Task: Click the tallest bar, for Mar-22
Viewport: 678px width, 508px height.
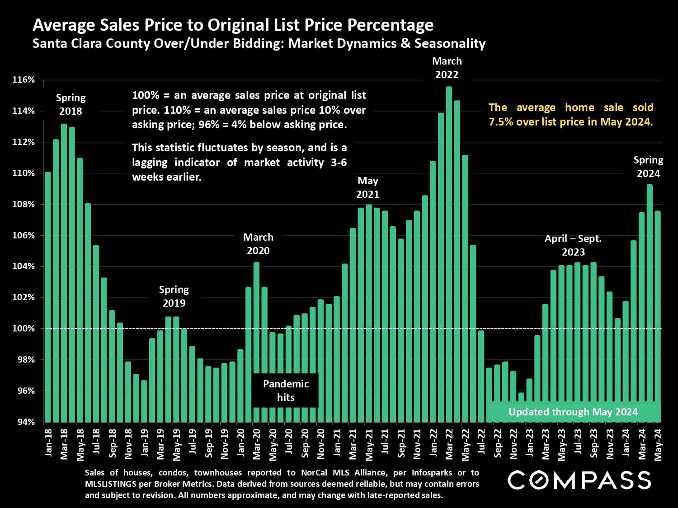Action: pos(449,253)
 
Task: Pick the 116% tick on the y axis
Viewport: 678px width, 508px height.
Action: pos(24,80)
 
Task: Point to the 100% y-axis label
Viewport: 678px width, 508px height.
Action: pos(24,329)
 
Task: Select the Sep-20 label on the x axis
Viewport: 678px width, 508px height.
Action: pos(305,444)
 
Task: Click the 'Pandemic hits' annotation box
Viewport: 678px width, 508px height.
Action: pos(286,391)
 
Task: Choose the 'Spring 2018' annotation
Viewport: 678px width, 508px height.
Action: pos(71,104)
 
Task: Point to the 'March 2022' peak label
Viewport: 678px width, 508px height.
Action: pos(447,68)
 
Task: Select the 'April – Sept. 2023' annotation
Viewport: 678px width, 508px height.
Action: pos(573,245)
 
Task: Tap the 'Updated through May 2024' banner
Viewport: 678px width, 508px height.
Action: pos(573,412)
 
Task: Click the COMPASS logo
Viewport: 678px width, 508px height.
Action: pos(579,480)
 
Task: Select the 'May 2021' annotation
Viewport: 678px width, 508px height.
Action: pos(367,187)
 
